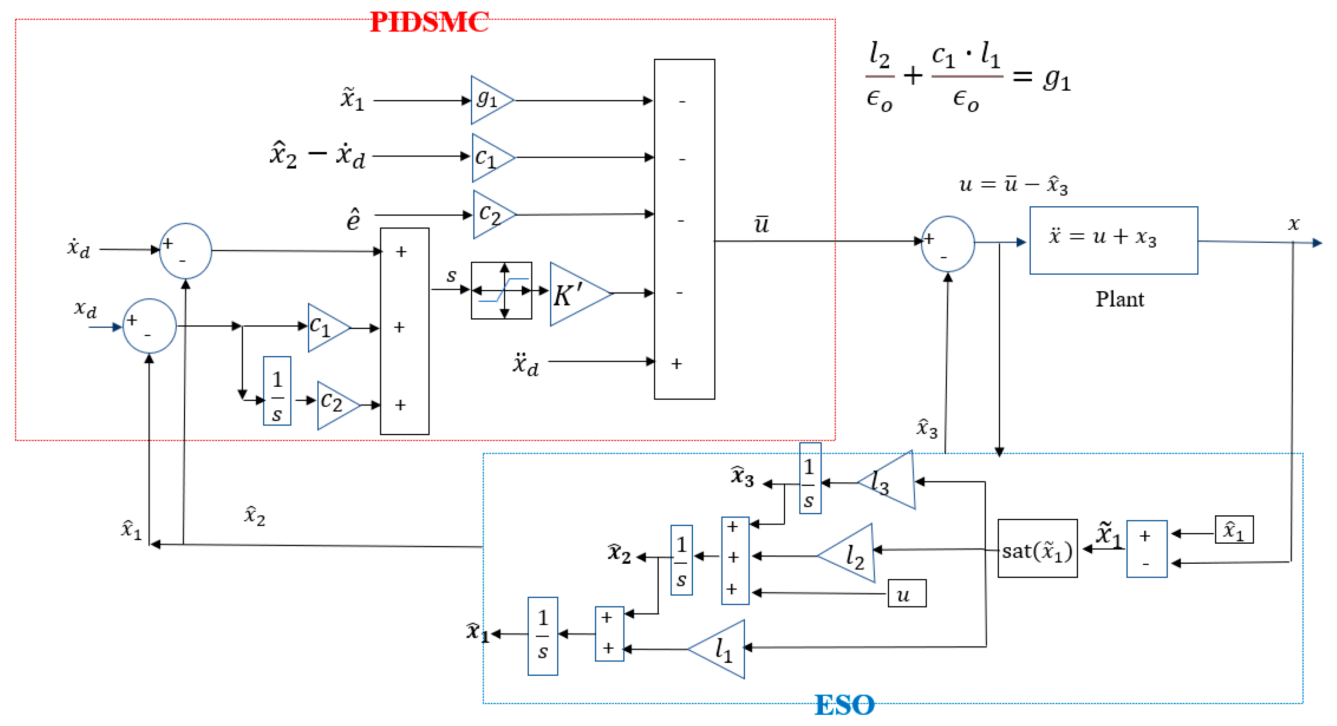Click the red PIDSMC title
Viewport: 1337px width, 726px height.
click(429, 22)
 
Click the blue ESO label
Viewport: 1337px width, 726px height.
click(844, 705)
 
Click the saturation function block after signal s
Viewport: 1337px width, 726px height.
click(501, 290)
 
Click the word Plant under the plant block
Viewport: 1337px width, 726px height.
click(1119, 299)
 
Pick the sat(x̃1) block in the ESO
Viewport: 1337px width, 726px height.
click(1037, 549)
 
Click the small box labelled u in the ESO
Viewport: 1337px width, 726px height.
click(907, 594)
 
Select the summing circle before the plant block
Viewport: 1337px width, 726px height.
click(947, 244)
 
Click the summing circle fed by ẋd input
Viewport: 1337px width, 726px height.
click(185, 251)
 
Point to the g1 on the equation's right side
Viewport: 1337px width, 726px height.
click(1057, 79)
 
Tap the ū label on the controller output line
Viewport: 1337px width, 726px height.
click(761, 224)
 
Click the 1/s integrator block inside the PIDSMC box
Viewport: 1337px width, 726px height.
click(277, 391)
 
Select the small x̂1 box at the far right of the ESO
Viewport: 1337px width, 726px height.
click(1234, 529)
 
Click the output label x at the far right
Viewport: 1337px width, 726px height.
click(1293, 224)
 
